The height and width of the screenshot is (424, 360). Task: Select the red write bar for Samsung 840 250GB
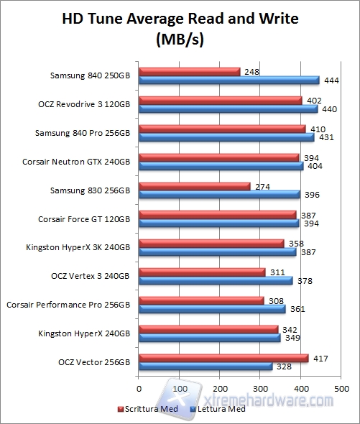[x=189, y=72]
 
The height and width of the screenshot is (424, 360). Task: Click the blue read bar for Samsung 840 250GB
[x=229, y=80]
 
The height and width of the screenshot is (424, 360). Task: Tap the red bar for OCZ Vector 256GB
[x=223, y=358]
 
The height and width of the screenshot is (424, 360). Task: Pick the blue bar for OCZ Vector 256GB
[x=206, y=367]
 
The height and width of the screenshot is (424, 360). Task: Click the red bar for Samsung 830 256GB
[x=194, y=186]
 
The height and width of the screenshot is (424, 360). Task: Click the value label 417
[x=320, y=358]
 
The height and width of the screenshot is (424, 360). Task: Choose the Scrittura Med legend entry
[x=149, y=410]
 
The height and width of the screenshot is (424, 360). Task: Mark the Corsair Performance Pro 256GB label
[x=68, y=305]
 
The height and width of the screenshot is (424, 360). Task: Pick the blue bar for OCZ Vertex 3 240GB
[x=216, y=280]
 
